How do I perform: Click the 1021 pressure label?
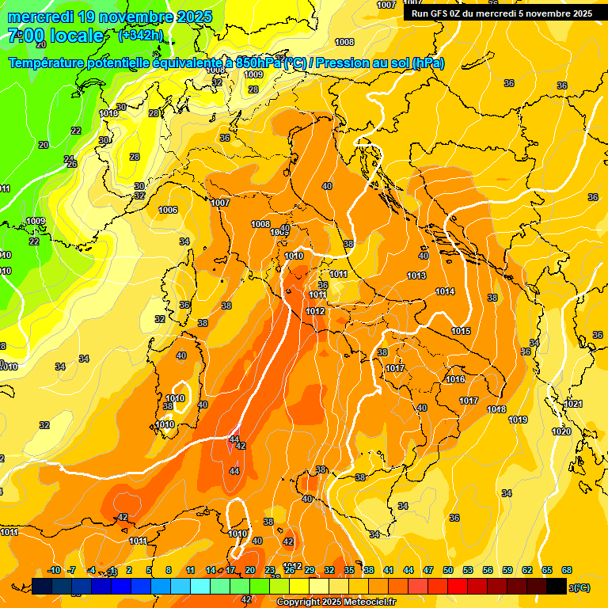pyautogui.click(x=573, y=404)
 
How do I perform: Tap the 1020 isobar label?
pyautogui.click(x=561, y=431)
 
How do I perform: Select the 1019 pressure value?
pyautogui.click(x=519, y=420)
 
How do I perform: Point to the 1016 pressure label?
pyautogui.click(x=455, y=380)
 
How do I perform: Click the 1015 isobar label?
pyautogui.click(x=462, y=331)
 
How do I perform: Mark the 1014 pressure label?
pyautogui.click(x=445, y=292)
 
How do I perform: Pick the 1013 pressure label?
pyautogui.click(x=416, y=275)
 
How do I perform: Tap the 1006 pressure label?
pyautogui.click(x=168, y=210)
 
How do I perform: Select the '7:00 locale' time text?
pyautogui.click(x=55, y=36)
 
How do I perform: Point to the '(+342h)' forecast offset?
pyautogui.click(x=141, y=35)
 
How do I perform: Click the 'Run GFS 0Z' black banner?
pyautogui.click(x=502, y=13)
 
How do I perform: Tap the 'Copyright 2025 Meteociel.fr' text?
pyautogui.click(x=336, y=602)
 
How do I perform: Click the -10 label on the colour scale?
pyautogui.click(x=54, y=570)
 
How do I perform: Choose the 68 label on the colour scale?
pyautogui.click(x=567, y=570)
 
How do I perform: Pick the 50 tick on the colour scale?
pyautogui.click(x=448, y=570)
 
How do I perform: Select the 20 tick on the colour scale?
pyautogui.click(x=250, y=570)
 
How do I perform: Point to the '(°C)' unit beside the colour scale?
pyautogui.click(x=580, y=587)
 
